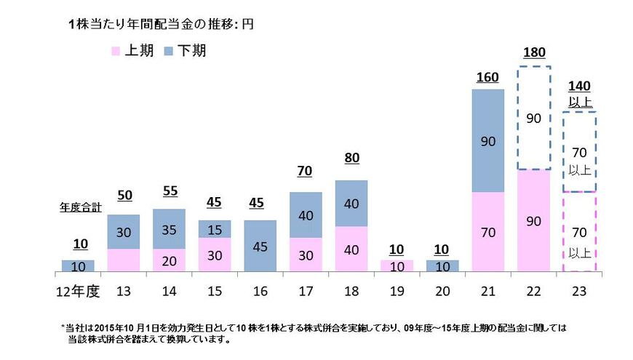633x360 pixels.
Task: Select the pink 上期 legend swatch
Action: [114, 51]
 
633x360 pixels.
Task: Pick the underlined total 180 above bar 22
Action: [534, 52]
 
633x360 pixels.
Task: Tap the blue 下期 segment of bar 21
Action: [488, 140]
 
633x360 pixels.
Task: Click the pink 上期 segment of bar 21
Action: [488, 233]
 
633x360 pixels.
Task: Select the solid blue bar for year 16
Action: [259, 246]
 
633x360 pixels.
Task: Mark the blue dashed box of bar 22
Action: [534, 119]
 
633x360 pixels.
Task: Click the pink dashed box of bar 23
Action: [579, 232]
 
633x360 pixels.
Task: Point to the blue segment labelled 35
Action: [169, 228]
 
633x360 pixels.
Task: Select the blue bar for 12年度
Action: [78, 265]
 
